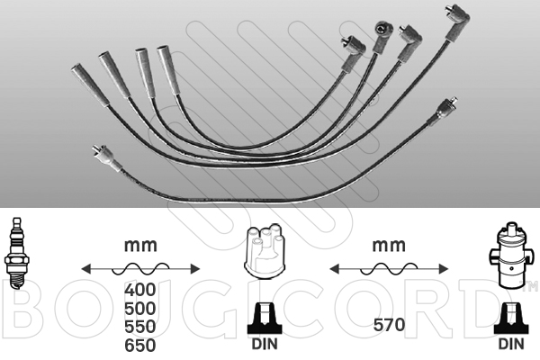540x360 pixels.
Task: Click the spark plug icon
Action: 15,253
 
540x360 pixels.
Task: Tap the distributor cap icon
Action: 264,251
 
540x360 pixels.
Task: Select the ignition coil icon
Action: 510,256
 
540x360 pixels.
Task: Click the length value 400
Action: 139,290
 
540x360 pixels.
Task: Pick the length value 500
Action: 139,309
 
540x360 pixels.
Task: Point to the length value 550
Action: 139,327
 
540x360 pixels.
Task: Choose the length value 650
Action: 139,346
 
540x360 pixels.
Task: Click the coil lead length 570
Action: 389,325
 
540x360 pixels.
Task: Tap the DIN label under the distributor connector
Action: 264,344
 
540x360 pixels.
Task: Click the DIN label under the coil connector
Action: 511,344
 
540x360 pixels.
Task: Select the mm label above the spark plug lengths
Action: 140,245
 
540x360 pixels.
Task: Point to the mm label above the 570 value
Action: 389,245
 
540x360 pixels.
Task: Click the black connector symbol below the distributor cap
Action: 264,319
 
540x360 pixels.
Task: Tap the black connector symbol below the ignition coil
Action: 511,319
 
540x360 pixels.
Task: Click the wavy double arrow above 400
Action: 140,269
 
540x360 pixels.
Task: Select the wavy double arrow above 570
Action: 389,269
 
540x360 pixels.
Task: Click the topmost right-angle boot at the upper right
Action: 457,22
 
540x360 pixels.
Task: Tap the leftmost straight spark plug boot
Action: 90,84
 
